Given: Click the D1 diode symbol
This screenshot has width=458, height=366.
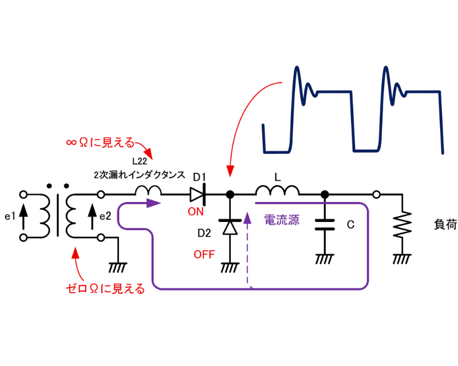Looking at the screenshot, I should pyautogui.click(x=198, y=195).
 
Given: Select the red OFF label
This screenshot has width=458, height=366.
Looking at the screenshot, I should pyautogui.click(x=204, y=254).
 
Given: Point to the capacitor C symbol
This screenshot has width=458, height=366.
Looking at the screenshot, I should pyautogui.click(x=325, y=224).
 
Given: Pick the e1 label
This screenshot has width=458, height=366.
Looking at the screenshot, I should pyautogui.click(x=9, y=216).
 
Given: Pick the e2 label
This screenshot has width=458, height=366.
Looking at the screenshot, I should pyautogui.click(x=105, y=216).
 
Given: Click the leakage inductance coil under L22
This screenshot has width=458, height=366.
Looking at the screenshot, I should pyautogui.click(x=148, y=191).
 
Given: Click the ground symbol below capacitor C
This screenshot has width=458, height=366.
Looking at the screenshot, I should pyautogui.click(x=325, y=259).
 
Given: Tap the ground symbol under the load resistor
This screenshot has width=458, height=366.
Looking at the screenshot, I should pyautogui.click(x=402, y=259).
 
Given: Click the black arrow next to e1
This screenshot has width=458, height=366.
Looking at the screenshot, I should pyautogui.click(x=23, y=217).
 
